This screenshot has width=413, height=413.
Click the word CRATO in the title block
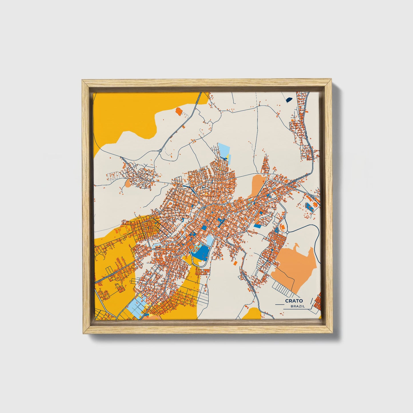click(x=294, y=301)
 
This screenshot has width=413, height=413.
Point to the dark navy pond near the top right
click(x=289, y=100)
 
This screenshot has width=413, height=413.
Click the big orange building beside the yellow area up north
click(x=179, y=111)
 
